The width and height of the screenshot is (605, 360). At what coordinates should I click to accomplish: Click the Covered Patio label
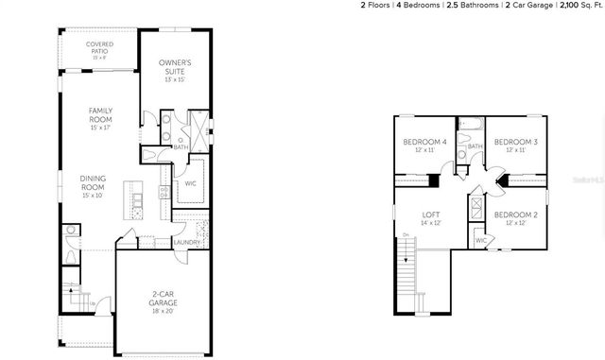[x=100, y=46]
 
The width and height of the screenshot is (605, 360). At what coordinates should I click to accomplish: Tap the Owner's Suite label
[x=175, y=67]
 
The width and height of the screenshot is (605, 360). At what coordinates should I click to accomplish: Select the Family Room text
[x=101, y=115]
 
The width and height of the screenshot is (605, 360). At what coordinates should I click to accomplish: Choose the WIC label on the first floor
[x=190, y=183]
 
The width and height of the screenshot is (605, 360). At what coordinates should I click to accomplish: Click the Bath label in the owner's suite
[x=180, y=147]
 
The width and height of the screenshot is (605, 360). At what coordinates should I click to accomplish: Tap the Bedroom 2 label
[x=515, y=215]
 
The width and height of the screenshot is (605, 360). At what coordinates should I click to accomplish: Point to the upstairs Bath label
[x=475, y=146]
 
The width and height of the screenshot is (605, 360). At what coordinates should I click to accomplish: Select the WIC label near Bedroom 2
[x=480, y=241]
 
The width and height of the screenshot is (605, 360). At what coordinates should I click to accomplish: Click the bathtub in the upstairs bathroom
[x=470, y=124]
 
